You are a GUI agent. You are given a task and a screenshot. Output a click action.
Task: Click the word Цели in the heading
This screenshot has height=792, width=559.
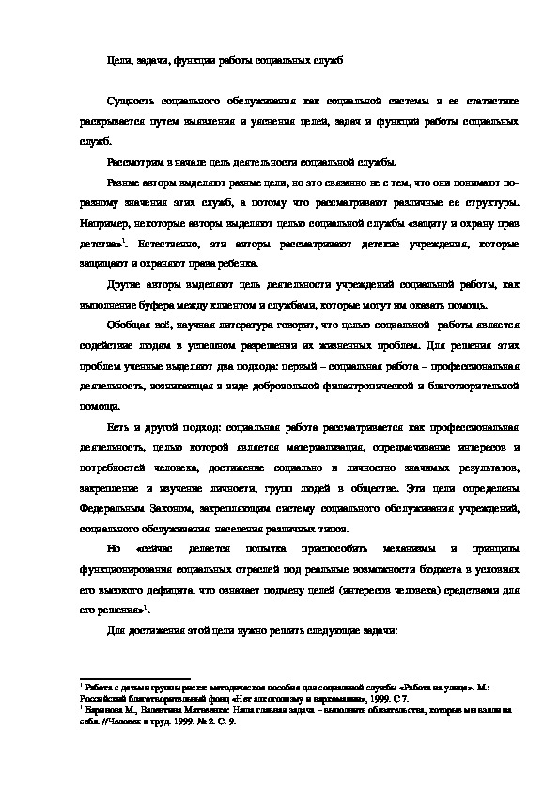pos(117,61)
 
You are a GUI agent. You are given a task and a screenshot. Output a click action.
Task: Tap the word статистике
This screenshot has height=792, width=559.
pos(485,101)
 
